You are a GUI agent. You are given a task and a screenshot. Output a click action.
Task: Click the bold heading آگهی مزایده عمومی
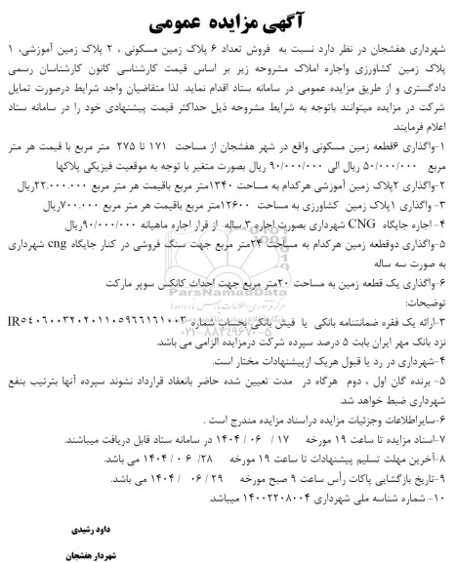(x=228, y=20)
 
